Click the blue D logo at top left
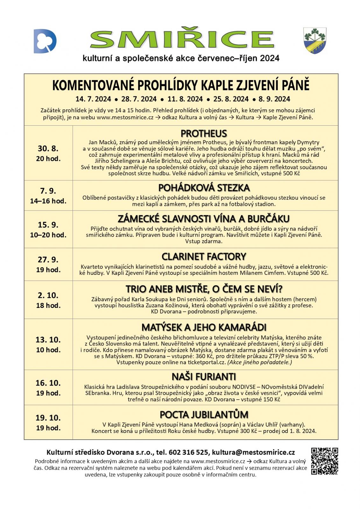coord(45,41)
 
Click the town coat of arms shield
coord(314,40)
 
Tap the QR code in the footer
coord(324,461)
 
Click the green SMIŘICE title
coord(182,40)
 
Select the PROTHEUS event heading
coord(204,133)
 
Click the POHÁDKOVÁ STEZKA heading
coord(204,188)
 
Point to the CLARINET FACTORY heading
coord(204,256)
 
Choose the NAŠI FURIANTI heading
coord(204,377)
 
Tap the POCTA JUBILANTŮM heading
coord(204,415)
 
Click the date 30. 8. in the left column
coord(48,149)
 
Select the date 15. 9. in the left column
coord(48,225)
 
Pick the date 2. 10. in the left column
coord(48,295)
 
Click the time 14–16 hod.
coord(48,201)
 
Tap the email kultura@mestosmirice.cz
coord(253,452)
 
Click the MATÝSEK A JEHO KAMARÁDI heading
coord(204,327)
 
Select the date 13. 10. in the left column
coord(48,339)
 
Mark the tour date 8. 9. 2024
coord(274,99)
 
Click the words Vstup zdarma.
coord(204,241)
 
